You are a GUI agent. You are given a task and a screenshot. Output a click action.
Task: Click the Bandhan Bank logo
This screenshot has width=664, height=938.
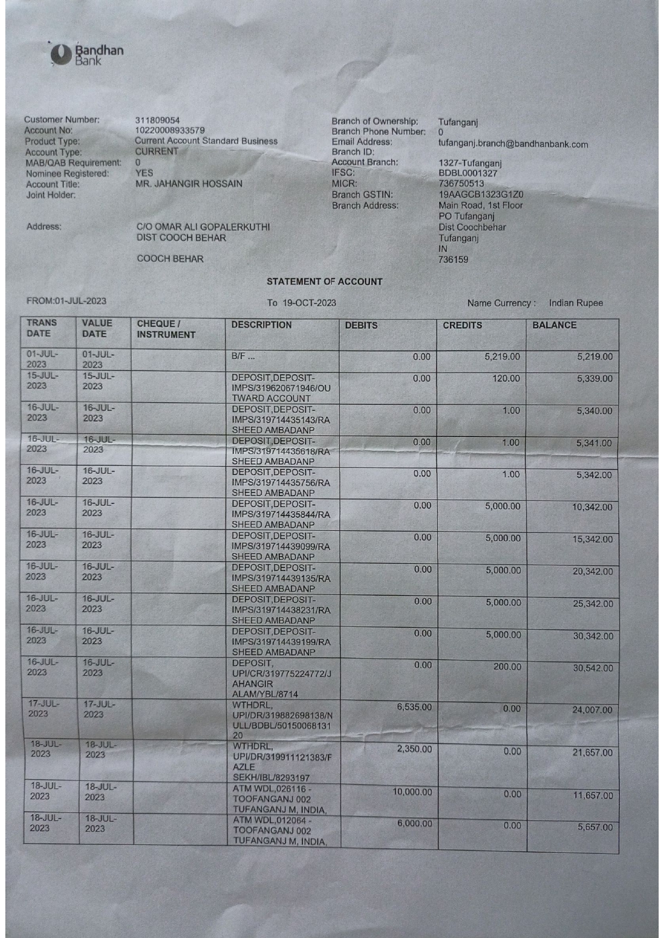click(x=87, y=54)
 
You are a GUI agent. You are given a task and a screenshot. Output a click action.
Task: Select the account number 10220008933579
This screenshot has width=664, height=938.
click(x=170, y=130)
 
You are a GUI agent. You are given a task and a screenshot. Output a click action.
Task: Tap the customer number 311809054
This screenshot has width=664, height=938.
click(x=157, y=120)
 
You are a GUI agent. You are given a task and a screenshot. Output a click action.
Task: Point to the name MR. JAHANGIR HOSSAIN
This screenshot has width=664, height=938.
click(x=189, y=183)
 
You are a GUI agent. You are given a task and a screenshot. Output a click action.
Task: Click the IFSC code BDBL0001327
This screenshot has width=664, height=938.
click(x=468, y=173)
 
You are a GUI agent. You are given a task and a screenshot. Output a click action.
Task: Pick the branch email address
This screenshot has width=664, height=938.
click(x=513, y=144)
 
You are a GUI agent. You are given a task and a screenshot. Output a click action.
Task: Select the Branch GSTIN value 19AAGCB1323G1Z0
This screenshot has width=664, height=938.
click(x=481, y=195)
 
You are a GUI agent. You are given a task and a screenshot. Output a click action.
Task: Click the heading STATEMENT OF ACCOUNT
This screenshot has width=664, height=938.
click(x=324, y=282)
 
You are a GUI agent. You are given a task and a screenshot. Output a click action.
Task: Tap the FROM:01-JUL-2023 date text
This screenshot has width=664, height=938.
click(x=66, y=301)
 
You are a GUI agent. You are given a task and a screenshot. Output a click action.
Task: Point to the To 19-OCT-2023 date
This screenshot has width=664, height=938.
click(x=302, y=303)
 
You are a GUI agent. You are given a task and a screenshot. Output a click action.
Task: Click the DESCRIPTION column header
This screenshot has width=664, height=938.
click(x=261, y=325)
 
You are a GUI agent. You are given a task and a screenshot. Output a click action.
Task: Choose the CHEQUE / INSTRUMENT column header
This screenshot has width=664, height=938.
click(x=166, y=329)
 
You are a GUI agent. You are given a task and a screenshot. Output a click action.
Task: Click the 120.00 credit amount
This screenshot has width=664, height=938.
click(x=506, y=379)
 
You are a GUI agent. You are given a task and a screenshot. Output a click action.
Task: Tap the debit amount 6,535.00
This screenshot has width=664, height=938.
click(x=414, y=707)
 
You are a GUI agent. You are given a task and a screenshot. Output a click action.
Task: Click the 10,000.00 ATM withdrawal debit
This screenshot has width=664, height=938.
click(x=412, y=792)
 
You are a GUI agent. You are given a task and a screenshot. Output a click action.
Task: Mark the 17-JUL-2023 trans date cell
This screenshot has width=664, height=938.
click(x=44, y=709)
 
